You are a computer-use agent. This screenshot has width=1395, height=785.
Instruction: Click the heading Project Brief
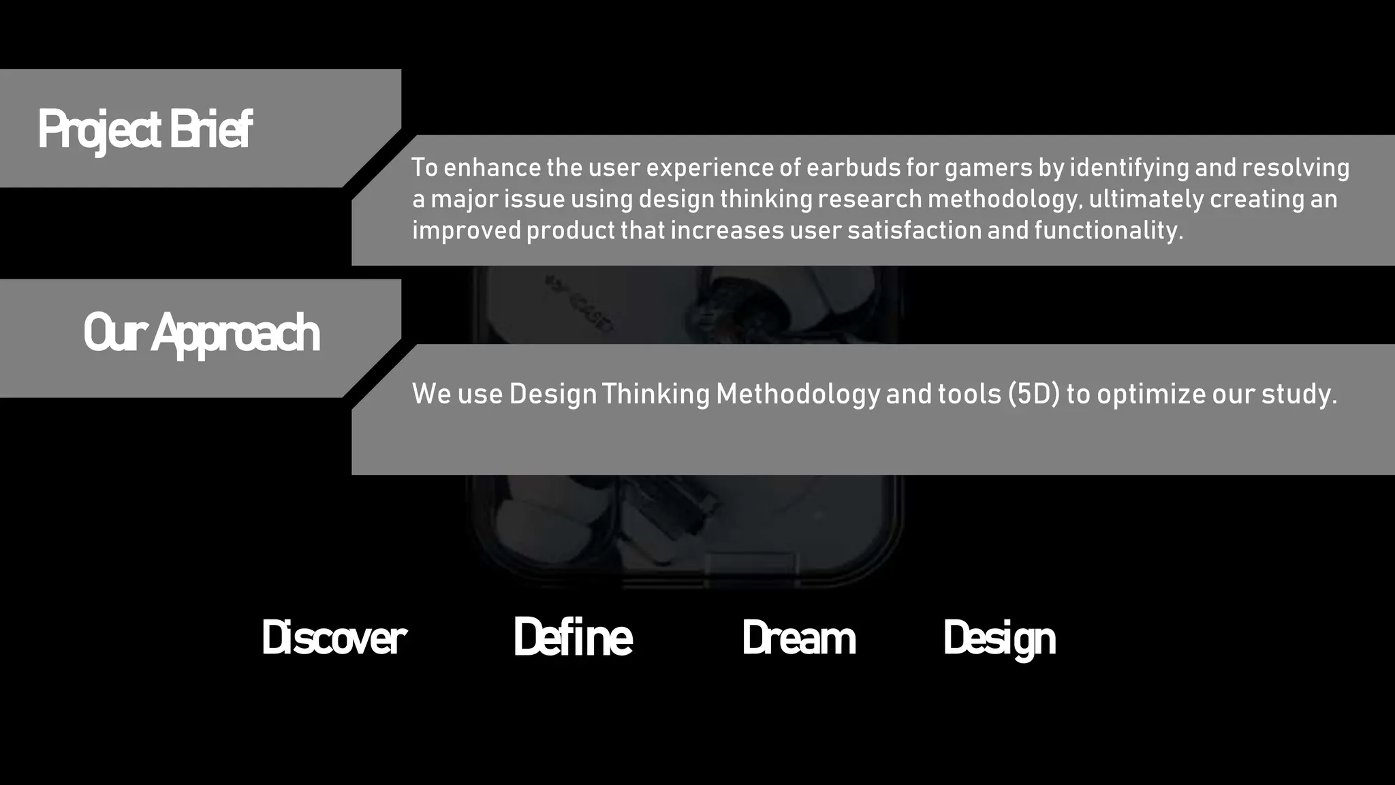(145, 129)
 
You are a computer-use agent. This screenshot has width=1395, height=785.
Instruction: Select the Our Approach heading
(201, 333)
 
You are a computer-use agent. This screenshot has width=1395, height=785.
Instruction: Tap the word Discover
(334, 638)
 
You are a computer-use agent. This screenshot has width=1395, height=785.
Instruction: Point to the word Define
(573, 638)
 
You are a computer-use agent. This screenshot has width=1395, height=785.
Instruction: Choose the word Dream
(798, 638)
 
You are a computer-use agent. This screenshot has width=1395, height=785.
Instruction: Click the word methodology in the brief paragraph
(1004, 200)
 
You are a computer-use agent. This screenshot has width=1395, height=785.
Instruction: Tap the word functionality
(1108, 230)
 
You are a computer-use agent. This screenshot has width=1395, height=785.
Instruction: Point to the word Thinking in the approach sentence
(655, 395)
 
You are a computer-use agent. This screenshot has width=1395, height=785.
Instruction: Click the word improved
(467, 230)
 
